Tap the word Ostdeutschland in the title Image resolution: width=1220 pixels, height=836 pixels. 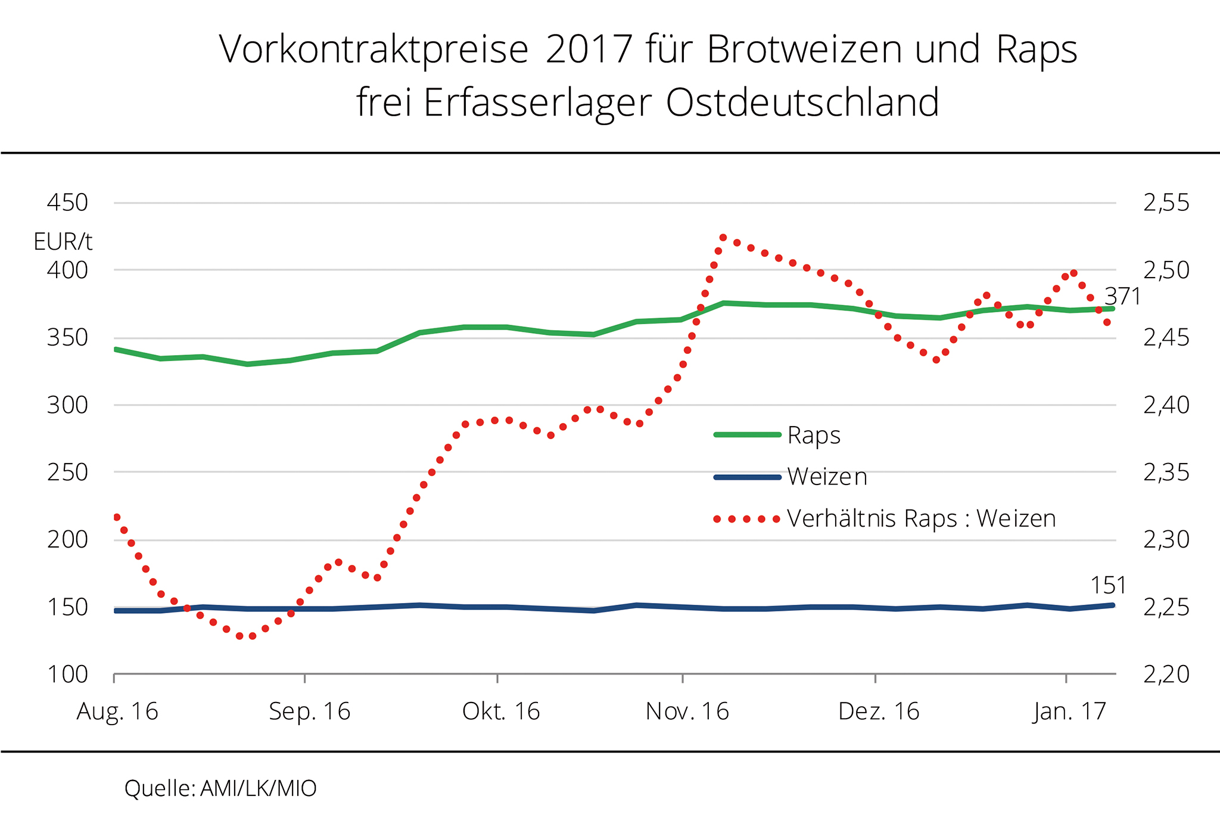tap(802, 102)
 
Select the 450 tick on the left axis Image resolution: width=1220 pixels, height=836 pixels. tap(67, 203)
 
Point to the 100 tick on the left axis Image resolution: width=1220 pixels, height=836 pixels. tap(67, 675)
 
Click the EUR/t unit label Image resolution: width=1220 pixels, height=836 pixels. tap(63, 242)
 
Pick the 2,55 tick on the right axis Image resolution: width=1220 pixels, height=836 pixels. tap(1166, 203)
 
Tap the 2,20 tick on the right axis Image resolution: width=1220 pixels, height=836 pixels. tap(1166, 675)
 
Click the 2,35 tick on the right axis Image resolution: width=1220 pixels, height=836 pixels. tap(1166, 473)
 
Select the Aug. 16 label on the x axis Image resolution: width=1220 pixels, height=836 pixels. tap(117, 711)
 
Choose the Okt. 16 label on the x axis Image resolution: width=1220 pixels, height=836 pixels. tap(501, 711)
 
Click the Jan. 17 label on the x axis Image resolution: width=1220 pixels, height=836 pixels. tap(1069, 711)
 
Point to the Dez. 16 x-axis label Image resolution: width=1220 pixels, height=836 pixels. tap(879, 711)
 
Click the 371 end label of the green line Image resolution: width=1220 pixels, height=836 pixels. tap(1122, 296)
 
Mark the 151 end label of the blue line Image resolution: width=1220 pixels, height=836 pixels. tap(1108, 586)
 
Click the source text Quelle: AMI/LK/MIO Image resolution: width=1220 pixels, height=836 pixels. tap(220, 788)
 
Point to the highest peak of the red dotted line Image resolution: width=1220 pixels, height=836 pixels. tap(723, 237)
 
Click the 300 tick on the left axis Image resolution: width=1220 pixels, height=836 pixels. tap(67, 405)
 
